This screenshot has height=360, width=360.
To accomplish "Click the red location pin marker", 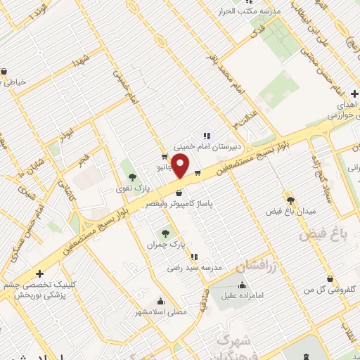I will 181,167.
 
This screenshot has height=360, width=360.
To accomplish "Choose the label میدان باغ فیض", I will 290,211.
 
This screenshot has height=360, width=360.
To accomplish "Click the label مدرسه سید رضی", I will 194,268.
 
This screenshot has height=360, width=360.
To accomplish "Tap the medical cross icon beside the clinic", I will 39,273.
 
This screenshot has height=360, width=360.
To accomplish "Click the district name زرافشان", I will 256,267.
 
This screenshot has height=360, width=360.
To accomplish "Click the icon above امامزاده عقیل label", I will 243,285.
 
